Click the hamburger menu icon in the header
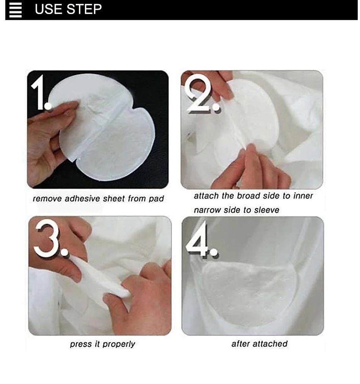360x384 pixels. pyautogui.click(x=16, y=10)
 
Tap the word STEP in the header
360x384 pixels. pyautogui.click(x=84, y=9)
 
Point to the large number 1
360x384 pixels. pyautogui.click(x=41, y=93)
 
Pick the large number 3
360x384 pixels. pyautogui.click(x=50, y=238)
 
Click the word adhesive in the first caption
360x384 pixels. pyautogui.click(x=82, y=199)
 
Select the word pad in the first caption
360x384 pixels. pyautogui.click(x=156, y=199)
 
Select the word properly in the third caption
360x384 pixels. pyautogui.click(x=119, y=344)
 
